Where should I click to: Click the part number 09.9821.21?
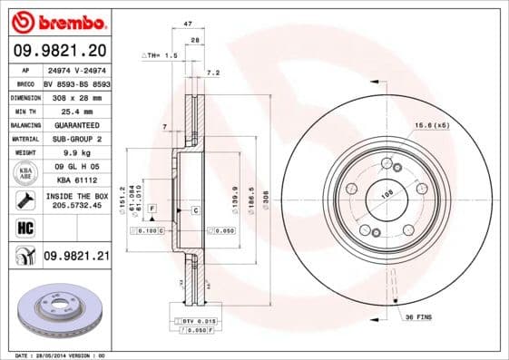point(76,258)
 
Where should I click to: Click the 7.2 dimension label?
point(214,72)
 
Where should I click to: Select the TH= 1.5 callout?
point(162,56)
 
